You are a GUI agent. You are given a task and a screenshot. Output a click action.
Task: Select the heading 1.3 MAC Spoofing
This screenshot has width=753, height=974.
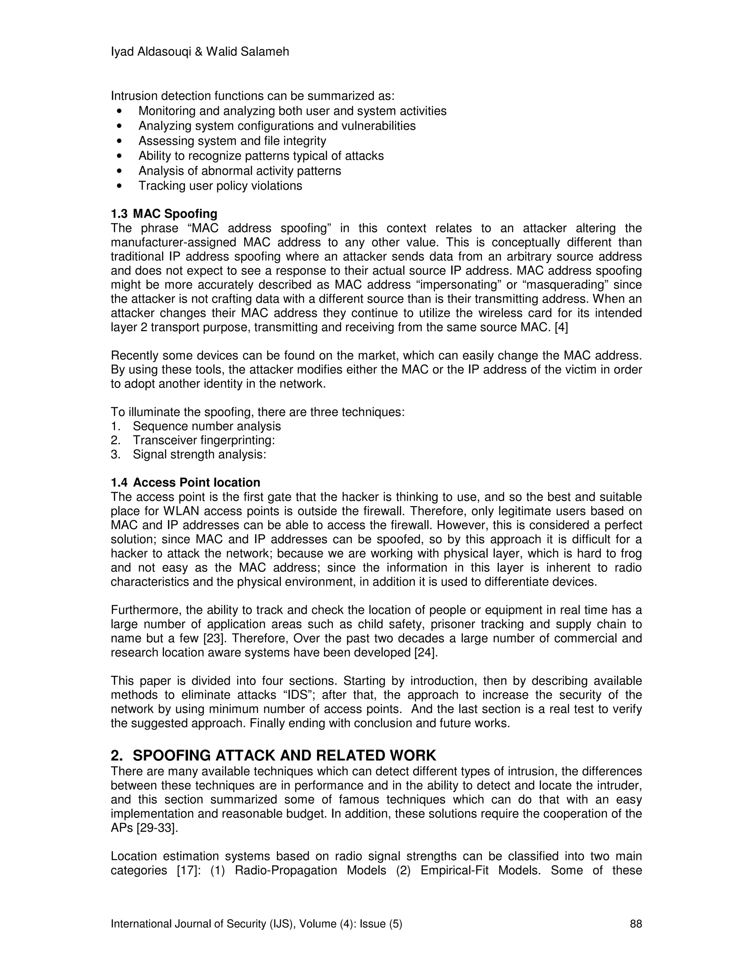[x=164, y=214]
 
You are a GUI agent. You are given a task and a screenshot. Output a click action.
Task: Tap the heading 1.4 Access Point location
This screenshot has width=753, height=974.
[x=185, y=483]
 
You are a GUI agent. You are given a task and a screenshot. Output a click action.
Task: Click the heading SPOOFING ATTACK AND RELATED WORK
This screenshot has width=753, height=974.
[x=284, y=755]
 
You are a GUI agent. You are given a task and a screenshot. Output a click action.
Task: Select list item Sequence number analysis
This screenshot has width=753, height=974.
[x=207, y=426]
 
